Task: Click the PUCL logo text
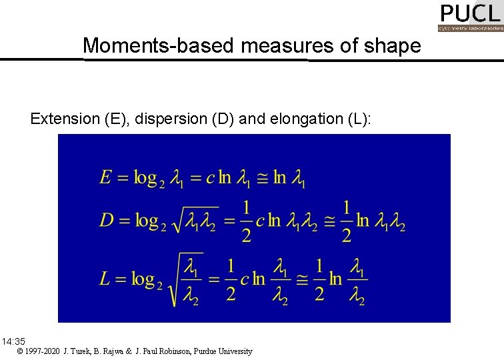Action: (x=469, y=13)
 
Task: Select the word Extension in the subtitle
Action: (x=64, y=119)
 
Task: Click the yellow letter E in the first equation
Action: (x=106, y=177)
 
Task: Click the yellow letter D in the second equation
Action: (x=107, y=221)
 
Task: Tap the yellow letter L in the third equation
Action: (x=105, y=278)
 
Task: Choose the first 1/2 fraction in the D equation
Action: (x=246, y=221)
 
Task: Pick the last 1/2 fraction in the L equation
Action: (x=319, y=279)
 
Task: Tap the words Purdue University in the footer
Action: (x=223, y=351)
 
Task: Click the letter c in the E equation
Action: (x=210, y=178)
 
